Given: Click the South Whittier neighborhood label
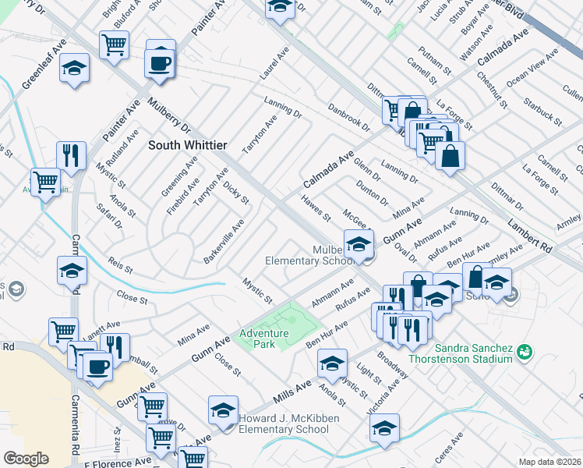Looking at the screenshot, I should pyautogui.click(x=188, y=145).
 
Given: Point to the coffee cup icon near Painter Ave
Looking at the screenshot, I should pyautogui.click(x=160, y=62).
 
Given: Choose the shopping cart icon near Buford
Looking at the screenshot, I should pyautogui.click(x=114, y=46).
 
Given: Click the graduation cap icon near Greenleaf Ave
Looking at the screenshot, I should pyautogui.click(x=75, y=69).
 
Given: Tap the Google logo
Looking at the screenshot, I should pyautogui.click(x=26, y=459).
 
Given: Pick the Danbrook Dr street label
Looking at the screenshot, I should pyautogui.click(x=348, y=117).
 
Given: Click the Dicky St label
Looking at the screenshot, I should pyautogui.click(x=235, y=191).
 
